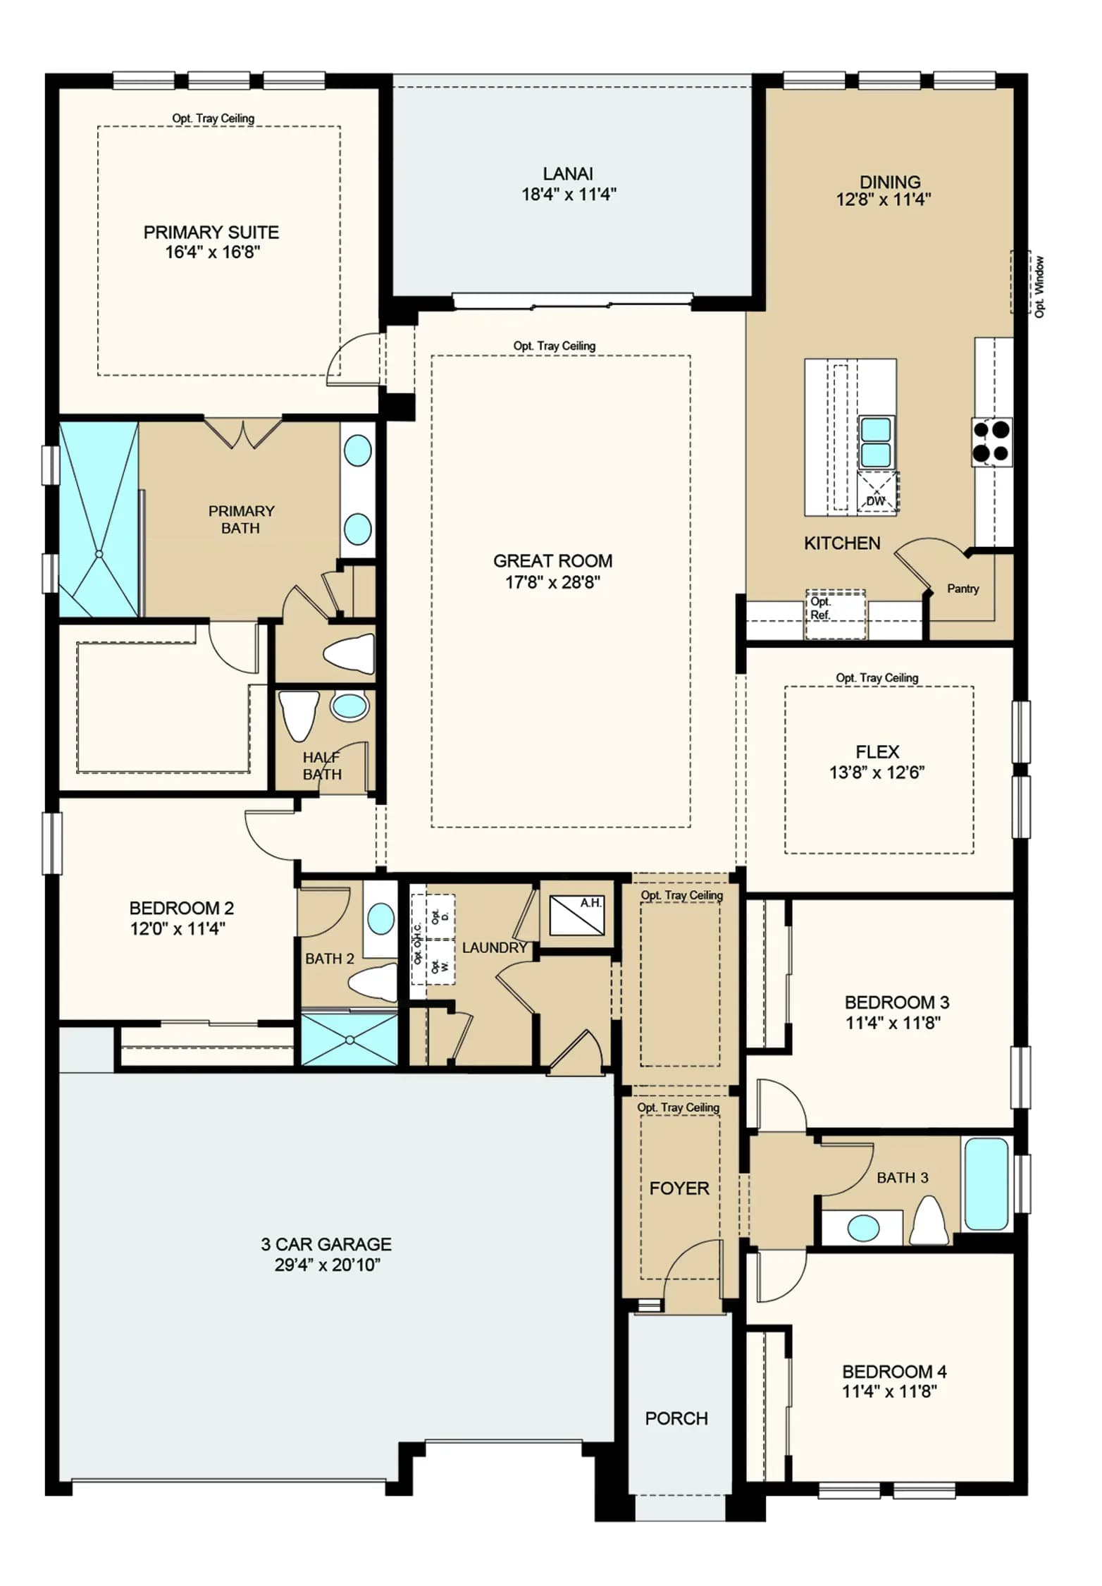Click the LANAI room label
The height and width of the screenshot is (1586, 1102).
(568, 173)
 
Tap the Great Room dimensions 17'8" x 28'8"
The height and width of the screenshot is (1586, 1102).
(553, 582)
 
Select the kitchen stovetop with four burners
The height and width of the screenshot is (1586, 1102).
(992, 441)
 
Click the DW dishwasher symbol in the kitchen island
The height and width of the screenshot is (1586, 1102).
(877, 492)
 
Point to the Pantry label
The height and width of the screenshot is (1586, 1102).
(962, 589)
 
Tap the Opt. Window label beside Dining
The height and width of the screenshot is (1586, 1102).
(1040, 286)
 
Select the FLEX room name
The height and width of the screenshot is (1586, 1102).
(877, 751)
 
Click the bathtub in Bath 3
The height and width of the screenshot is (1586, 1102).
(986, 1184)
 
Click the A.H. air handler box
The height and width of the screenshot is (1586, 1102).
(576, 914)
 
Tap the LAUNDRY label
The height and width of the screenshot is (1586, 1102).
(495, 947)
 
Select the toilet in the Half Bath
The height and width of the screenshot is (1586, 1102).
(299, 715)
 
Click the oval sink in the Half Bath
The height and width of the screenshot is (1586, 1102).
(350, 706)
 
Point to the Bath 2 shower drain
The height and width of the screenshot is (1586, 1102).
(349, 1039)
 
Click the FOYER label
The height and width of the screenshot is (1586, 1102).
(679, 1188)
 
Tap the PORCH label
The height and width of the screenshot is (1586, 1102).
(676, 1418)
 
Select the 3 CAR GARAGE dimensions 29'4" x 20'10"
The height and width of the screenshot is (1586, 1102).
(328, 1264)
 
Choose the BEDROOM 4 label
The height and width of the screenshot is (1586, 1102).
(894, 1371)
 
